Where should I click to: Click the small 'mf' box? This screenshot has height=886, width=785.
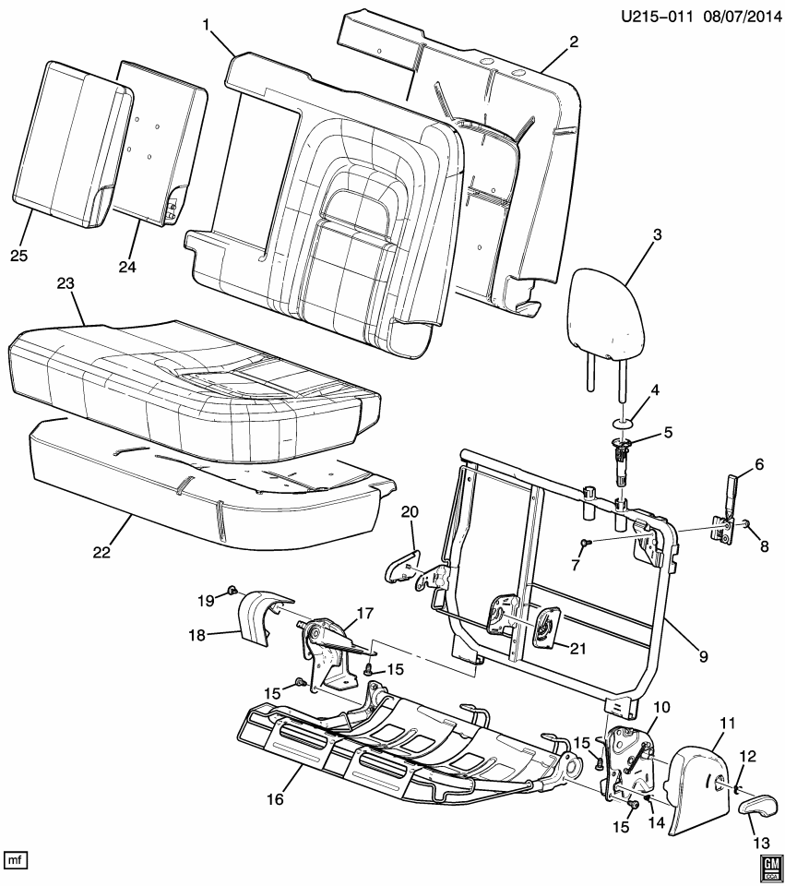point(16,860)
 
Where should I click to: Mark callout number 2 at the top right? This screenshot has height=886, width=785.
point(573,42)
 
